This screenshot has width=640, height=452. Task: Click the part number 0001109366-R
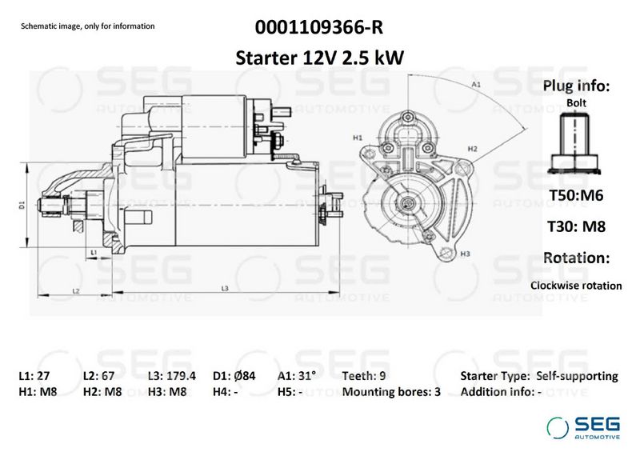coord(319,27)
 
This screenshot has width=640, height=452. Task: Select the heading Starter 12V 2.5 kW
coord(319,58)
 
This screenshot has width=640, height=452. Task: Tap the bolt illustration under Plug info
coord(574,144)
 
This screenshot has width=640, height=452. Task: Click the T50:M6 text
coord(576,195)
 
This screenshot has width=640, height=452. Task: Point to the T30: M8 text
coord(576,226)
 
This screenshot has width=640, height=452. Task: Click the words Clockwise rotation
coord(576,286)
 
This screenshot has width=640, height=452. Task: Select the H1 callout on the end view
coord(358,138)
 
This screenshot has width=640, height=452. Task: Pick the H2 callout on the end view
coord(472,149)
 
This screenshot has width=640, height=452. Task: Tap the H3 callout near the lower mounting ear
coord(465,254)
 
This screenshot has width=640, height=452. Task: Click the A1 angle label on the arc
coord(476,85)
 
